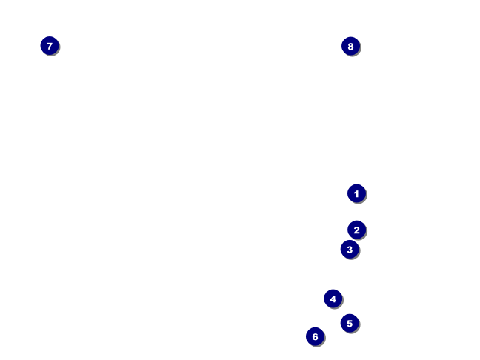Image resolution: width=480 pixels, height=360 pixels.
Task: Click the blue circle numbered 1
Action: pos(356,193)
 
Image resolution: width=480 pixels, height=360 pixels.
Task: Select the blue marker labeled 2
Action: pos(356,230)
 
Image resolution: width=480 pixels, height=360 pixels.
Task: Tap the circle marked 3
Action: pos(350,249)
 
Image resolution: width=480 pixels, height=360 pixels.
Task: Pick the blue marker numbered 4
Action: pos(333,299)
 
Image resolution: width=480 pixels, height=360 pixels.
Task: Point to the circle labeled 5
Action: pos(350,323)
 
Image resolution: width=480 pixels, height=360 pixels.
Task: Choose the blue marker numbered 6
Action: pos(315,336)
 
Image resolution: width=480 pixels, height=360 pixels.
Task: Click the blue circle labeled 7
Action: pos(49,46)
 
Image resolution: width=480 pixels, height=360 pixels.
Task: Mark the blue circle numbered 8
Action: pos(350,46)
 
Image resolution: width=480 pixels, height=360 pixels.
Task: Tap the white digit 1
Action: pos(356,193)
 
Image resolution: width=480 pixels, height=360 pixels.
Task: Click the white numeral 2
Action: pos(356,230)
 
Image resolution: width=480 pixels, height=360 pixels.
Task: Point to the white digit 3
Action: pos(350,249)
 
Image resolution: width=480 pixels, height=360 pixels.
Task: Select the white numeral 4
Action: pos(333,299)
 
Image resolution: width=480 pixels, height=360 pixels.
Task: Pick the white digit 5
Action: pos(350,323)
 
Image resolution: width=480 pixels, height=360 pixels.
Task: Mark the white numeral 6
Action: pos(315,336)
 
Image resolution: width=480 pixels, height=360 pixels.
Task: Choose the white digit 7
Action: pos(49,46)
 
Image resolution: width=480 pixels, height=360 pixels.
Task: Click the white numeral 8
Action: pos(350,46)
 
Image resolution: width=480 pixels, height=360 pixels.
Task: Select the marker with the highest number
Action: pos(350,46)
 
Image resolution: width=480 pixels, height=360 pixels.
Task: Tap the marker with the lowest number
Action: pos(356,193)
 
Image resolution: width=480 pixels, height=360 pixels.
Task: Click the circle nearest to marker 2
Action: pos(350,249)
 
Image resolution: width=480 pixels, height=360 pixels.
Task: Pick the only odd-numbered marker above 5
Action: pos(49,46)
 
